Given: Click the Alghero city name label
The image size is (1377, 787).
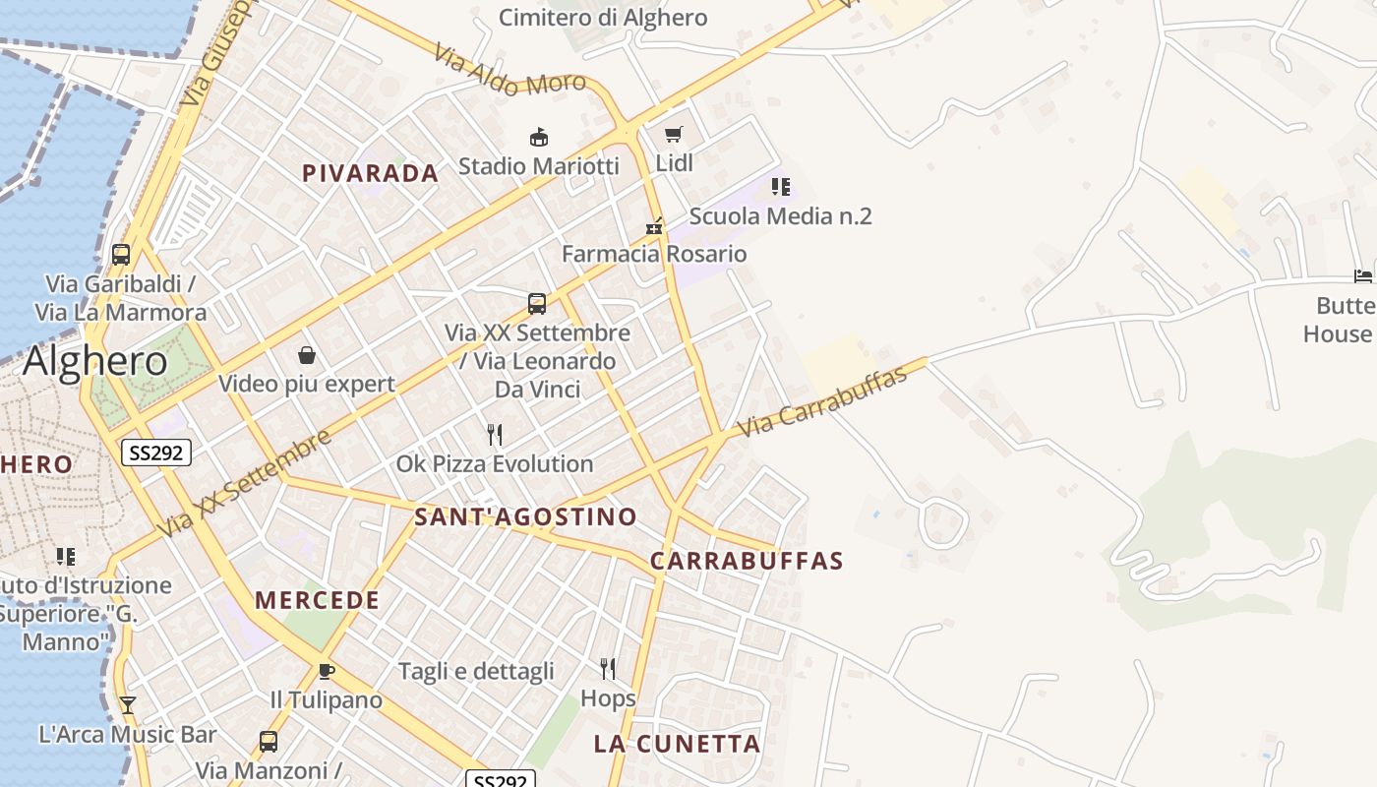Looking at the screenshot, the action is click(95, 361).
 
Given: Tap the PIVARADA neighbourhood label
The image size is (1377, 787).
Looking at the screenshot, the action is click(370, 173).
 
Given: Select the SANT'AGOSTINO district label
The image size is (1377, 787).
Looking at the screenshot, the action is click(525, 516).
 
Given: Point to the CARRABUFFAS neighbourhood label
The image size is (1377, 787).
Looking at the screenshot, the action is click(747, 561).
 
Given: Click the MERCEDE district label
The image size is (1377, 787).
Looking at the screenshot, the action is click(317, 600).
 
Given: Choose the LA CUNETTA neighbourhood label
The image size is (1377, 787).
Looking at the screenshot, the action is click(677, 744).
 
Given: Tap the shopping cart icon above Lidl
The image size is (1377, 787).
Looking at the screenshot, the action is click(674, 134).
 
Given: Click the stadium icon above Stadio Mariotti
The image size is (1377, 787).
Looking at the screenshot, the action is click(538, 137).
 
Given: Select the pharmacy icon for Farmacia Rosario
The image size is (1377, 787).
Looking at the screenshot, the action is click(654, 226).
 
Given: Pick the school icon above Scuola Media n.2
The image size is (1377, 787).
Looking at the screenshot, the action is click(780, 186).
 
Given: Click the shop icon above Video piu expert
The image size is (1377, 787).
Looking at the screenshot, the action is click(307, 355).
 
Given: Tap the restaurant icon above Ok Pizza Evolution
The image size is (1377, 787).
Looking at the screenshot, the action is click(495, 434).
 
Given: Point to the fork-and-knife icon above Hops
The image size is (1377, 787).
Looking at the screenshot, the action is click(608, 669).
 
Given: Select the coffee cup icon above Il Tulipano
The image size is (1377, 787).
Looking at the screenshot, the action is click(327, 671).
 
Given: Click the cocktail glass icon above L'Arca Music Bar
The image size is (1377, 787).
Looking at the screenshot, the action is click(127, 704).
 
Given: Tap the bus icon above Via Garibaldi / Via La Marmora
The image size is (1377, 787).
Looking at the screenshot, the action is click(121, 255).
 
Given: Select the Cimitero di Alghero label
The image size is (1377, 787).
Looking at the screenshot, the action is click(603, 17).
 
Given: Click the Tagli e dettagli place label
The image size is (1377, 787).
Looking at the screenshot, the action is click(476, 672).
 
